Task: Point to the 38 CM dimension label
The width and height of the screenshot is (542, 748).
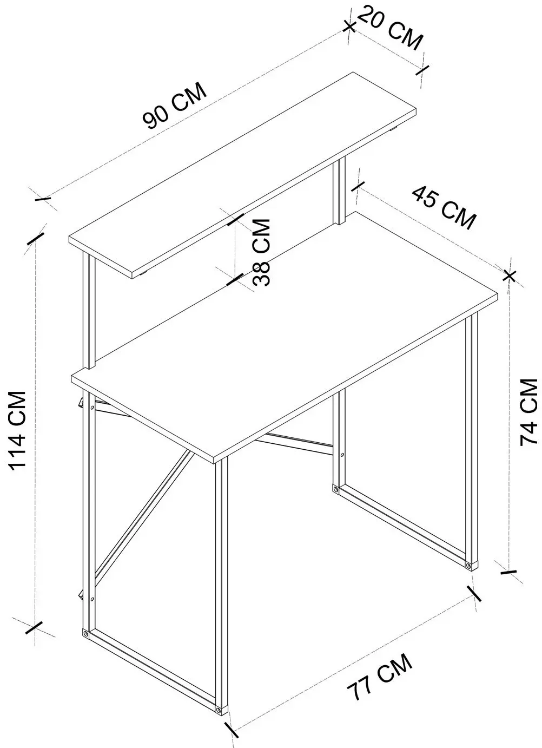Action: coord(261,252)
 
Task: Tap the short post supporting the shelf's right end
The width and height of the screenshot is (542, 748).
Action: coord(339,192)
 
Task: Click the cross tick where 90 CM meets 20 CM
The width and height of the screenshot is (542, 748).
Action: coord(349,27)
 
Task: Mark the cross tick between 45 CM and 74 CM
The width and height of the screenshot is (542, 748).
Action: coord(510,276)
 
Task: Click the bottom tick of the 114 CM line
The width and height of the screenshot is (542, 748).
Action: coord(34,627)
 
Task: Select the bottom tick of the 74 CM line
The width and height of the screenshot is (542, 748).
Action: coord(508,572)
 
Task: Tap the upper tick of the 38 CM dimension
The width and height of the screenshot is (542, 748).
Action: coord(236,219)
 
